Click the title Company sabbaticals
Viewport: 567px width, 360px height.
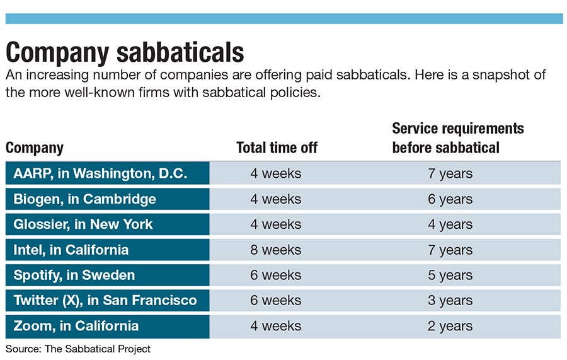125,51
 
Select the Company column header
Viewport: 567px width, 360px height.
35,148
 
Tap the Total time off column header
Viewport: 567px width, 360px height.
277,148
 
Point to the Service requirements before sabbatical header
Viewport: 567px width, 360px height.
457,138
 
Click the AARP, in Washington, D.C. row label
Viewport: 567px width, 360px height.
100,173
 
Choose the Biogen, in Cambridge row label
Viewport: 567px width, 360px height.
84,199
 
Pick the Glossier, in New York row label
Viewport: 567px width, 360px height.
83,224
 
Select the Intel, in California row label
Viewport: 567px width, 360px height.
71,250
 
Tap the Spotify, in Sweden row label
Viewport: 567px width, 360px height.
74,276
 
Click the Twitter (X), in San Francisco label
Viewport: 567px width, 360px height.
105,301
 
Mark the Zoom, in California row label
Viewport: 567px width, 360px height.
76,326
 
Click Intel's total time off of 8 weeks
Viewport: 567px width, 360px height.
275,250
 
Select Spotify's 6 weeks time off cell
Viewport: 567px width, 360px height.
275,276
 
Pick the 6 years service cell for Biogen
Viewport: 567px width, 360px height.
450,199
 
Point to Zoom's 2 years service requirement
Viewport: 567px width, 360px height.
450,326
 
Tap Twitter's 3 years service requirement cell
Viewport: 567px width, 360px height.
450,301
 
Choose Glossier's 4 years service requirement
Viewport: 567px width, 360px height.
450,224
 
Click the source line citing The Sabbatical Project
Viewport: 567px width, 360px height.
78,348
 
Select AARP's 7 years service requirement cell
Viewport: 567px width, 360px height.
450,173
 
